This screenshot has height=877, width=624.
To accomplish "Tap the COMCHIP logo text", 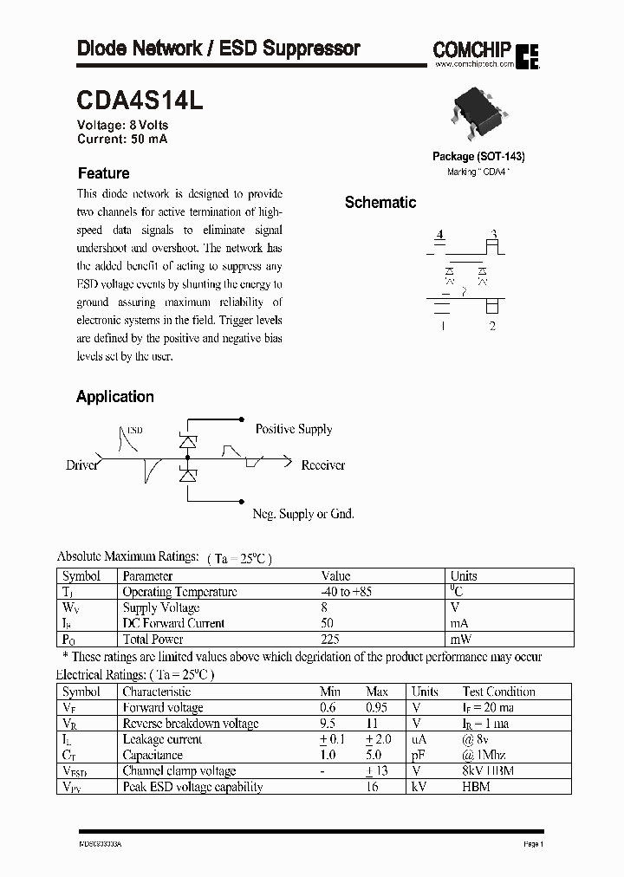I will click(472, 51).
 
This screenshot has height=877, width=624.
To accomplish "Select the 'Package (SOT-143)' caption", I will click(478, 157).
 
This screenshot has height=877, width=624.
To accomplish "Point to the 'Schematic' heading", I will click(380, 203).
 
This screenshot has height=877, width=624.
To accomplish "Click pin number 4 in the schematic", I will click(440, 235).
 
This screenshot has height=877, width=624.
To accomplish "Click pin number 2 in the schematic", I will click(492, 326).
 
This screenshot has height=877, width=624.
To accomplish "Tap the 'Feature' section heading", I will click(103, 173).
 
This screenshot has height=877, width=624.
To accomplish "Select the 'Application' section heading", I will click(115, 397).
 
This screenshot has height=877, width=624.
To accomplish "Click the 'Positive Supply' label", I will click(293, 429).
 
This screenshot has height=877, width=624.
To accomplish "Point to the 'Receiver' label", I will click(322, 465).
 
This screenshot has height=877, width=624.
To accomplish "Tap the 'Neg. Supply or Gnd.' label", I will click(302, 514).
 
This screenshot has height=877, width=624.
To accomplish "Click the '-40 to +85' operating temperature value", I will click(346, 592).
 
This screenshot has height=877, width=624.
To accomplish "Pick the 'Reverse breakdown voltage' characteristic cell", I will click(190, 724).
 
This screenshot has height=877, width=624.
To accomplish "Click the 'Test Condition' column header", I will click(498, 692).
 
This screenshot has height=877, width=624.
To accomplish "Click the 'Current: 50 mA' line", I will click(122, 139).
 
